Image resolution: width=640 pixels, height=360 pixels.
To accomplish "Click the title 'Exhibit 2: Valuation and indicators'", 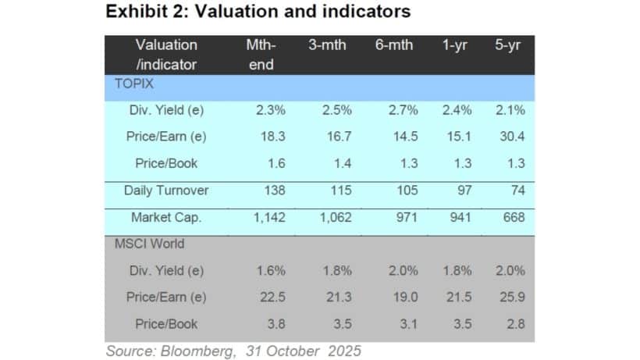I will click(258, 12).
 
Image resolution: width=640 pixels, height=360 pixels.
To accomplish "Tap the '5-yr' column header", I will click(509, 45).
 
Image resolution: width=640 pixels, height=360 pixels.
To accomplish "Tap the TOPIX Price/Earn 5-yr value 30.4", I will click(510, 136).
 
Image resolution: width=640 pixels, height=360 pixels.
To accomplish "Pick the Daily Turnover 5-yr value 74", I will click(516, 190).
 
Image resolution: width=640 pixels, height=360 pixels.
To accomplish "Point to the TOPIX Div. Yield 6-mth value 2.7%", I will click(403, 110).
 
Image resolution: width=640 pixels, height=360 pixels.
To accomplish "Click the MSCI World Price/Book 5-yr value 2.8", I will click(514, 323).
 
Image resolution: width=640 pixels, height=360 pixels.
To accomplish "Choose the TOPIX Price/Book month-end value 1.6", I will click(276, 163).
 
